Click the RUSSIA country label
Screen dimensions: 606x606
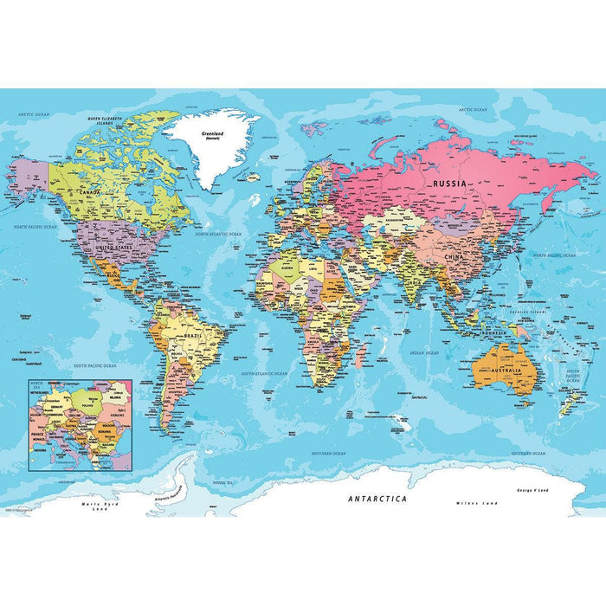(450, 184)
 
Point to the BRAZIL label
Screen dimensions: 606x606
(192, 333)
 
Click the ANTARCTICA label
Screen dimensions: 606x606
(377, 499)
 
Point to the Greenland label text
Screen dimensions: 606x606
(212, 134)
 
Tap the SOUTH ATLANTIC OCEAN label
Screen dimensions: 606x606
(263, 373)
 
